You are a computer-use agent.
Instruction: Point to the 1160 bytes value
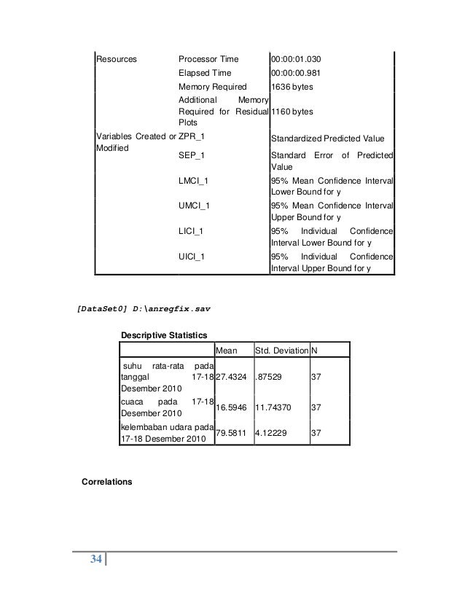(292, 112)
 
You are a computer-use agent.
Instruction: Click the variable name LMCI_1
(194, 181)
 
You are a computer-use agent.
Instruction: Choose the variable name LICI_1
(192, 231)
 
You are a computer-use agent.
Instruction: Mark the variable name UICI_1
(192, 257)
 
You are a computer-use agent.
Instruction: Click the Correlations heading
(107, 482)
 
